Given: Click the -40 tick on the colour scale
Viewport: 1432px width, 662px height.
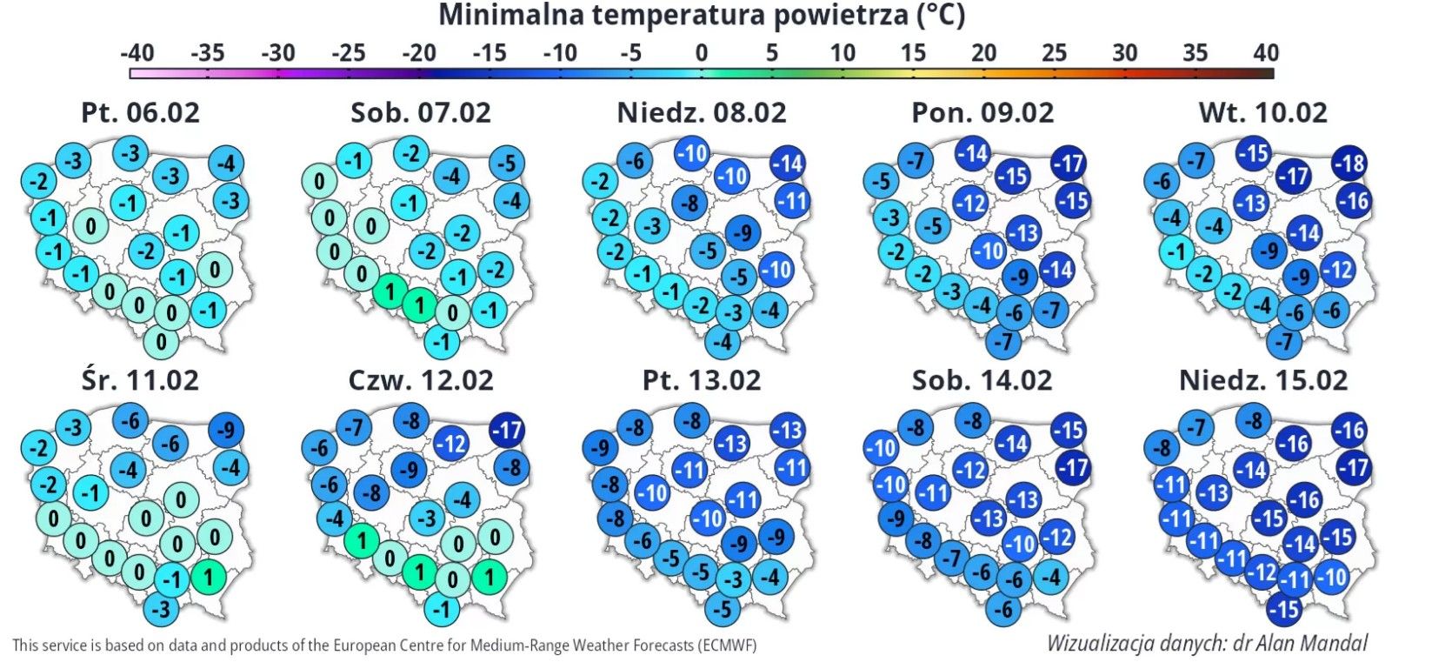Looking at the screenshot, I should tap(137, 53).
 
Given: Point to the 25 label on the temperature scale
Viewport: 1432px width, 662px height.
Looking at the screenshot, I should tap(1054, 53).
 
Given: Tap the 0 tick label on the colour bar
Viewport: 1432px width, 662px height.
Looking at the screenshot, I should tap(701, 53).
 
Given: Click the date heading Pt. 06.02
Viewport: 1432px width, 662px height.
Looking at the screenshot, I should tap(140, 112).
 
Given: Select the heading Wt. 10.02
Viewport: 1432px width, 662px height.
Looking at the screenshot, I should tap(1262, 112).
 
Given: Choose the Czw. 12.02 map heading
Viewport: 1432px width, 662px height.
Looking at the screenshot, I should tap(421, 380).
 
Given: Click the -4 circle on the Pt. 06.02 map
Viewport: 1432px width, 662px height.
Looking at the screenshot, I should tap(226, 163).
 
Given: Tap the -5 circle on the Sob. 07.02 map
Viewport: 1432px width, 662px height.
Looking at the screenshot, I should tap(507, 163).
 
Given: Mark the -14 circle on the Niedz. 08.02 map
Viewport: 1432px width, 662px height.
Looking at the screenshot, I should tap(787, 163).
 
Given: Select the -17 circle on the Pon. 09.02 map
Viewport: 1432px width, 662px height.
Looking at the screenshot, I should tap(1069, 163).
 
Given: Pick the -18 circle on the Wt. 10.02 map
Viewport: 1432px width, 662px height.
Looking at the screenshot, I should tap(1349, 163).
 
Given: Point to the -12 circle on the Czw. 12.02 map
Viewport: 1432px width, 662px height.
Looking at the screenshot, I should tap(451, 444).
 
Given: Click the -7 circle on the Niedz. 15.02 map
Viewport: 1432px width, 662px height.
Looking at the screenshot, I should tap(1198, 427).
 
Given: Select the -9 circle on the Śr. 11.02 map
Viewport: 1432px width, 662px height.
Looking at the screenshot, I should tap(227, 430).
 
